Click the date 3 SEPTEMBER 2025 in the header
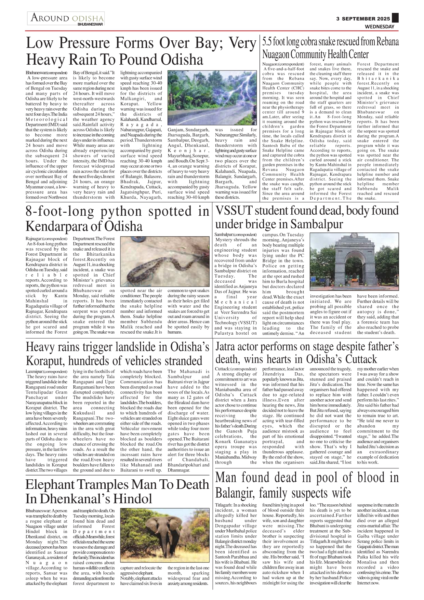363,19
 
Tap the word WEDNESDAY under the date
379,27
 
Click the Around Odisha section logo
66,18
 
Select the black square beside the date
395,18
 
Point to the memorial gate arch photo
354,262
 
